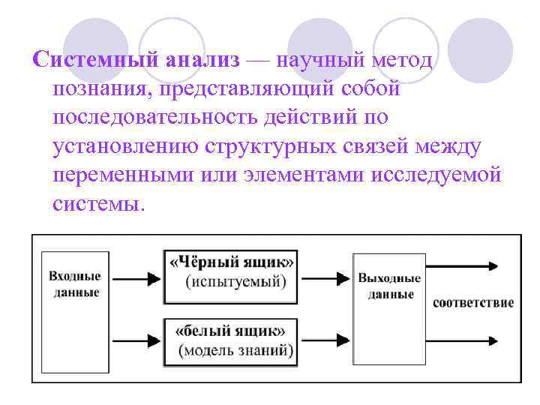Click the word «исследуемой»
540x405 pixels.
pos(438,175)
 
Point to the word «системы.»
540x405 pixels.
pos(98,204)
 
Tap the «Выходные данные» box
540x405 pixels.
pos(389,308)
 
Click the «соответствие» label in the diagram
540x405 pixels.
pos(472,303)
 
